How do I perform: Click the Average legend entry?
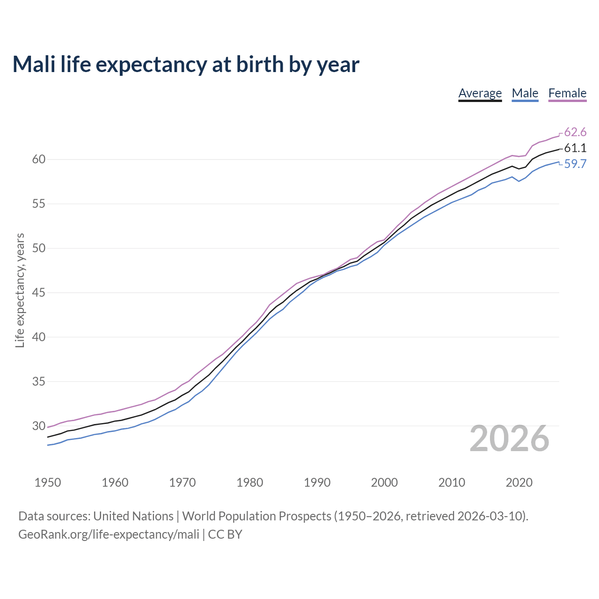[x=480, y=93]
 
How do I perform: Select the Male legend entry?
[x=525, y=93]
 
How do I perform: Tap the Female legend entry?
[x=567, y=93]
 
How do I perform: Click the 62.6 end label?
[x=575, y=132]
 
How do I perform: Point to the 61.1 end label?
[x=575, y=148]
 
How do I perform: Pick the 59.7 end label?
[x=575, y=164]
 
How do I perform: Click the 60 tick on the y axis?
[x=39, y=160]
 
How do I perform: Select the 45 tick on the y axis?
[x=39, y=293]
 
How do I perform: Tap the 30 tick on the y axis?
[x=39, y=426]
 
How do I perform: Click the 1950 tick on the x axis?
[x=48, y=482]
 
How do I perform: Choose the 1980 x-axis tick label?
[x=249, y=482]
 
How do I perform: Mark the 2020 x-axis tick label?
[x=519, y=482]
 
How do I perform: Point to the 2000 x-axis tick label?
[x=384, y=482]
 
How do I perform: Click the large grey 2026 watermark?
[x=509, y=438]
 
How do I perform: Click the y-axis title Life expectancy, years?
[x=20, y=291]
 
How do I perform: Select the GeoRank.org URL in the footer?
[x=109, y=534]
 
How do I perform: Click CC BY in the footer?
[x=225, y=534]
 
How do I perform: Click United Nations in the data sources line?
[x=133, y=516]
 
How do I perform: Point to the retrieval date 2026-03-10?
[x=491, y=516]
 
